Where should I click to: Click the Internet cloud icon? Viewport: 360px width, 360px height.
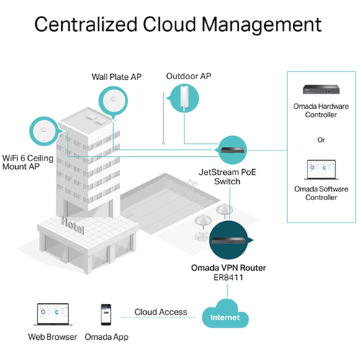pos(225,314)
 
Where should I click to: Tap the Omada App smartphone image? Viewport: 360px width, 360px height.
pos(106,315)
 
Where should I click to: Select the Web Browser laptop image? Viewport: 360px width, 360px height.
pos(53,314)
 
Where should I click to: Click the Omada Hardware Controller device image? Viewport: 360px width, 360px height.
pos(321,89)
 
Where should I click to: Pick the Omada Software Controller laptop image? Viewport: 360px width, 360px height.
pos(321,169)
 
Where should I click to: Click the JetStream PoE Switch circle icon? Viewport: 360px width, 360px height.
pos(233,150)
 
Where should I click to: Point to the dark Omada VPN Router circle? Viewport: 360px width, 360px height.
pos(230,240)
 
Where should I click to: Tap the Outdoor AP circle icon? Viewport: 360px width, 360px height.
pos(184,98)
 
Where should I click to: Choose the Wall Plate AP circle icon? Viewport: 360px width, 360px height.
pos(113,101)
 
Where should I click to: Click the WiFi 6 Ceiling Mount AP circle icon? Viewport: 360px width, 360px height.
pos(44,131)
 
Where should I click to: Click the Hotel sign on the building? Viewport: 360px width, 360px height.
pos(73,225)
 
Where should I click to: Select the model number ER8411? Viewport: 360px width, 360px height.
pos(228,278)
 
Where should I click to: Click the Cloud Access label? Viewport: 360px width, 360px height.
pos(161,312)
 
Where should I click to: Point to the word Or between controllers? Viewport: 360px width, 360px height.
pos(321,140)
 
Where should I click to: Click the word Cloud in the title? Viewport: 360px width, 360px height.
pos(169,24)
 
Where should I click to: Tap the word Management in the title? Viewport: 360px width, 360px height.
pos(261,25)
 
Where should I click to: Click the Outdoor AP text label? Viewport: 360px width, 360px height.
pos(189,76)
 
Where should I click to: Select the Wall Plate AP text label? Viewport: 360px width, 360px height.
pos(117,77)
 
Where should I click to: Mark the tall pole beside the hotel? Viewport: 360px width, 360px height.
pos(163,118)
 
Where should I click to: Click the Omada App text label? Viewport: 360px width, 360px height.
pos(107,337)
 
